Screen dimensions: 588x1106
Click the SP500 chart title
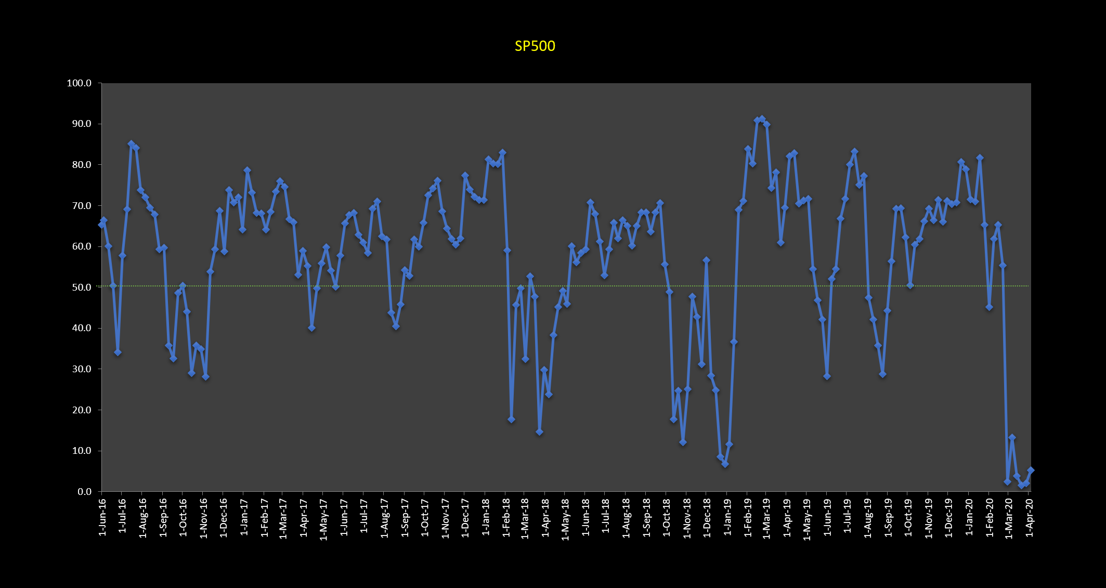[x=535, y=46]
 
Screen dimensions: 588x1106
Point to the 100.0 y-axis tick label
[x=79, y=83]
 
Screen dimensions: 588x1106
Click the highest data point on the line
[x=762, y=119]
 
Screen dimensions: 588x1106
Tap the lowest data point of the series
[x=1021, y=485]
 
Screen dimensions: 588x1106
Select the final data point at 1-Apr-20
[x=1031, y=470]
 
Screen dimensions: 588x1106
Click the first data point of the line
[x=101, y=225]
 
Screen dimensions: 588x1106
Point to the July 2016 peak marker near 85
[x=131, y=143]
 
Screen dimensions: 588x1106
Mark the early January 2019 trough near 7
[x=725, y=464]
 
